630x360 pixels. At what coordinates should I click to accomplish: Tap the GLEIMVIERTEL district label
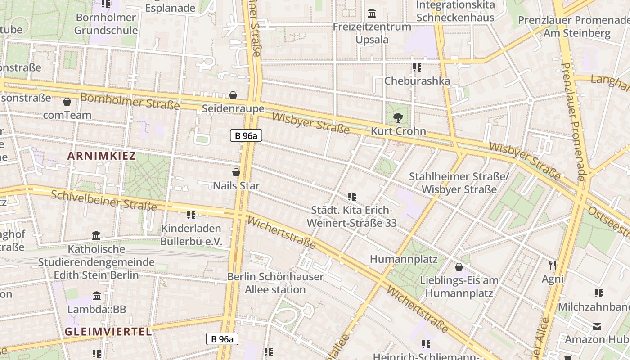pyautogui.click(x=108, y=332)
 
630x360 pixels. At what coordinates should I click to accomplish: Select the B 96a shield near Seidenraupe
pyautogui.click(x=246, y=135)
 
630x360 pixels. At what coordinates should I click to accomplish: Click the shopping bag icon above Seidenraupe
pyautogui.click(x=233, y=95)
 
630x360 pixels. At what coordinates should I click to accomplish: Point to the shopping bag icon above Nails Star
pyautogui.click(x=236, y=172)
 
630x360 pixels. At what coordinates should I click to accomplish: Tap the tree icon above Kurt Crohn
pyautogui.click(x=398, y=118)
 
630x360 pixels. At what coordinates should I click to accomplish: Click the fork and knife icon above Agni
pyautogui.click(x=553, y=265)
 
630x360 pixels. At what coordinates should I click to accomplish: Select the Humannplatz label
pyautogui.click(x=404, y=259)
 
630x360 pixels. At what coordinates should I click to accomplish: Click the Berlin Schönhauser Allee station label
pyautogui.click(x=275, y=283)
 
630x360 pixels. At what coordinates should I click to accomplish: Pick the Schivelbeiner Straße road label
pyautogui.click(x=103, y=201)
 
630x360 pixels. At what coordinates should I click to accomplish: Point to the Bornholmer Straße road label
pyautogui.click(x=130, y=101)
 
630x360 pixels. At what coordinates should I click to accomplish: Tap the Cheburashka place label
pyautogui.click(x=417, y=81)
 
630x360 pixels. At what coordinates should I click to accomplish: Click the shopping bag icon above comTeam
pyautogui.click(x=67, y=102)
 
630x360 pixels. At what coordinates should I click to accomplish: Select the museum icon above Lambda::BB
pyautogui.click(x=97, y=296)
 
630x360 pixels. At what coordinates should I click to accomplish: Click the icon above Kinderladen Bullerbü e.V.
pyautogui.click(x=191, y=215)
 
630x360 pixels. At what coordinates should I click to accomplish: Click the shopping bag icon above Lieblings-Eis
pyautogui.click(x=459, y=267)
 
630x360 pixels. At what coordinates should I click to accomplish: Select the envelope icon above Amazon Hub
pyautogui.click(x=597, y=327)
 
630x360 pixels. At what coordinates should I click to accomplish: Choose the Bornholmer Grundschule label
pyautogui.click(x=106, y=24)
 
